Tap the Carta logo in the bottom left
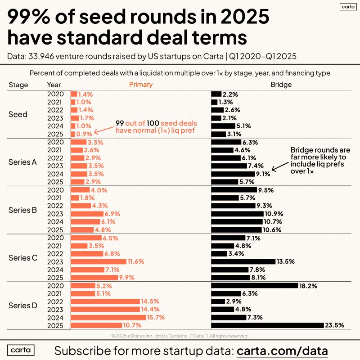pos(21,351)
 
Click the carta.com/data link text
pos(282,351)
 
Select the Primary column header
pos(141,85)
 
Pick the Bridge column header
pos(281,85)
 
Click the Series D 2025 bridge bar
pos(267,325)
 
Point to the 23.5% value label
pos(335,325)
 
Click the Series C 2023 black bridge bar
pos(243,261)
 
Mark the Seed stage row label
pos(18,114)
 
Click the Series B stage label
pos(23,210)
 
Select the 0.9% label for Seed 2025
pos(85,134)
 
